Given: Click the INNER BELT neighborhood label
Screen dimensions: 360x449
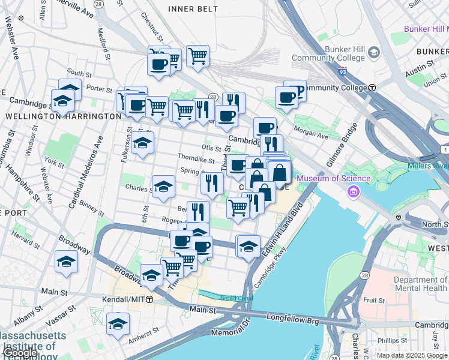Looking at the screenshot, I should pos(191,8).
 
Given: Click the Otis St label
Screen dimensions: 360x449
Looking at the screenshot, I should pos(211,148).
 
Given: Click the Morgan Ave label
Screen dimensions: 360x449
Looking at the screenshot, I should pos(315,136).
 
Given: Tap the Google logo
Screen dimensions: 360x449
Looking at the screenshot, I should pos(20,353).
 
